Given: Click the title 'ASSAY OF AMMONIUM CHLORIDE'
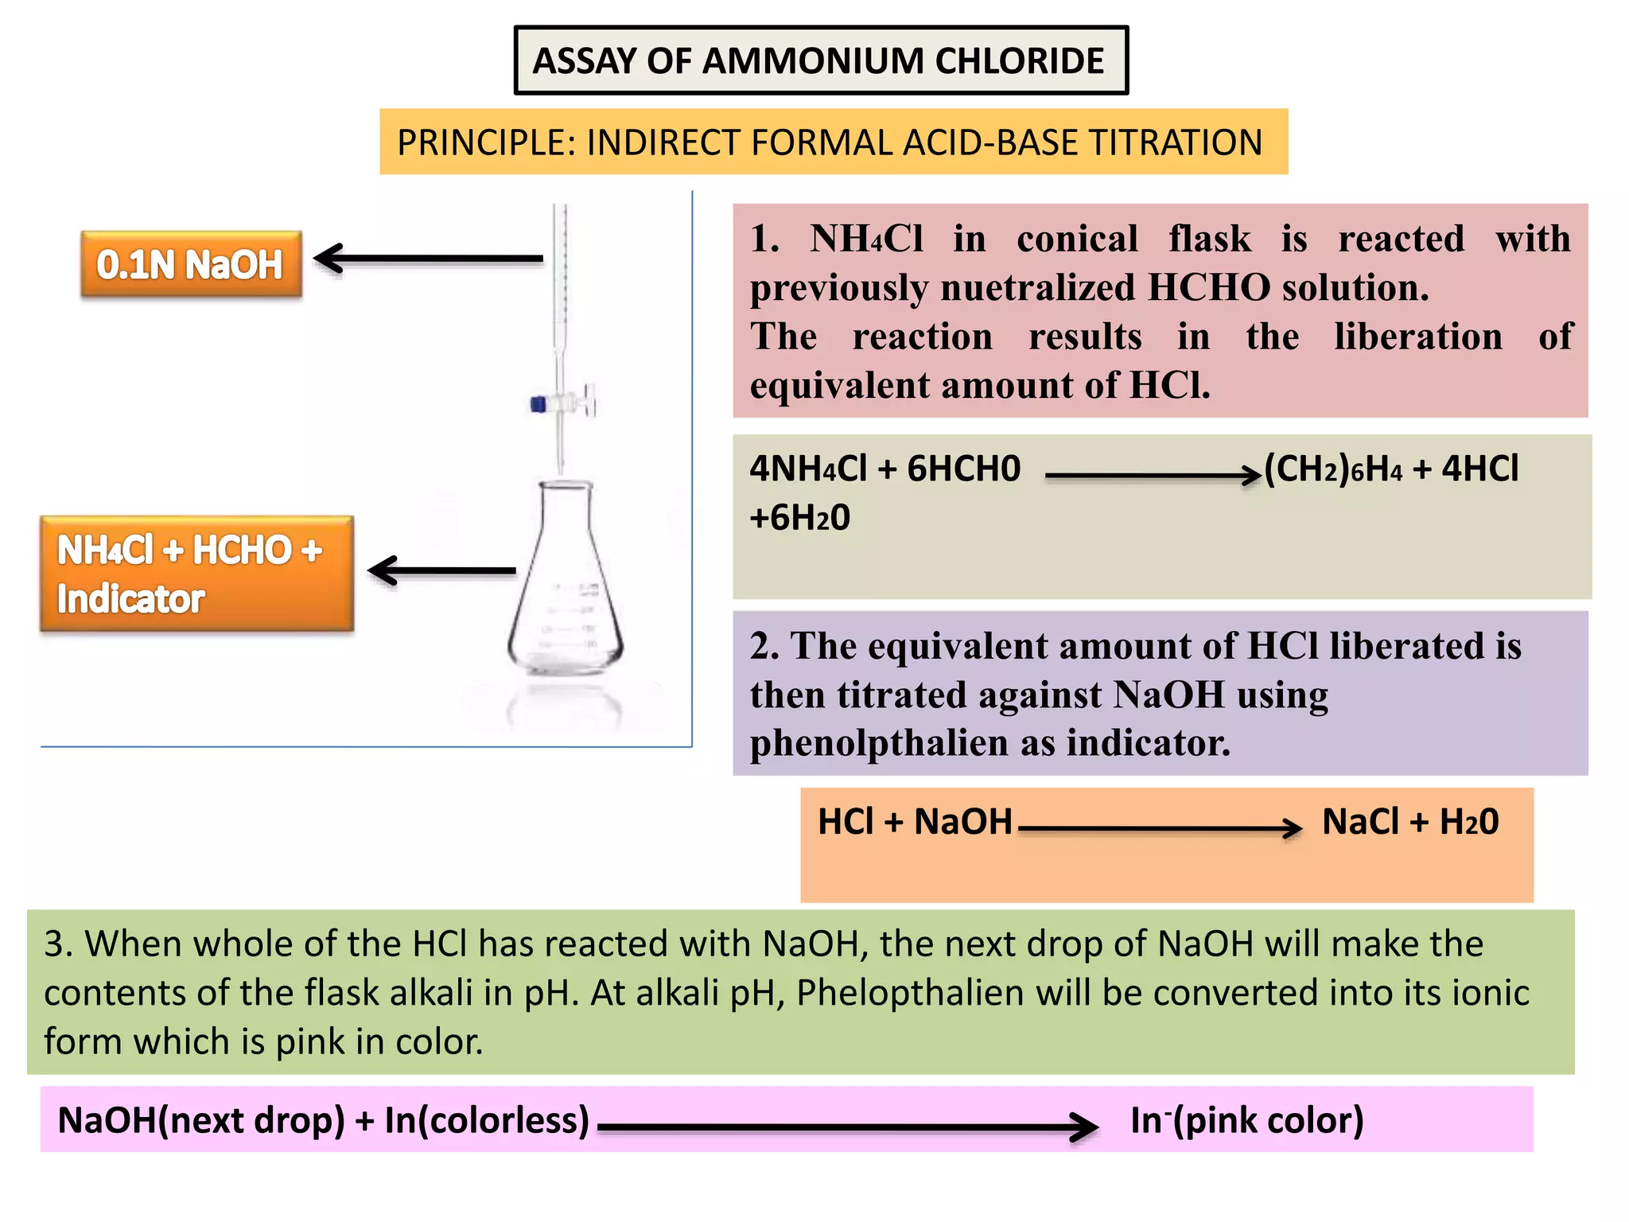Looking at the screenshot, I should coord(819,61).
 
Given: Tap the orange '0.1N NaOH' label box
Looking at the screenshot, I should coord(191,265).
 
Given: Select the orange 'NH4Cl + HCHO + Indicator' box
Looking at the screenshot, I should coord(196,574).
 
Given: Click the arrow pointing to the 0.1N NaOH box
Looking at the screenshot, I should coord(430,258).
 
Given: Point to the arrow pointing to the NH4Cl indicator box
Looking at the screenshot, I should coord(442,570).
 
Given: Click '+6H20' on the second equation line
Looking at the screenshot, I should coord(799,519).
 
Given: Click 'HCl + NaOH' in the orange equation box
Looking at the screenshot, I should coord(915,822).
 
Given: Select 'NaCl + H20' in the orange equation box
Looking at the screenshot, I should coord(1409,822).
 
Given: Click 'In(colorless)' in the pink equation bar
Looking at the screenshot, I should coord(487,1120).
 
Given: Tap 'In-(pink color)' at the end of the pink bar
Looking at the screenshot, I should coord(1246,1120).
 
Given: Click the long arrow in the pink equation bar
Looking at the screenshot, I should coord(847,1127).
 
